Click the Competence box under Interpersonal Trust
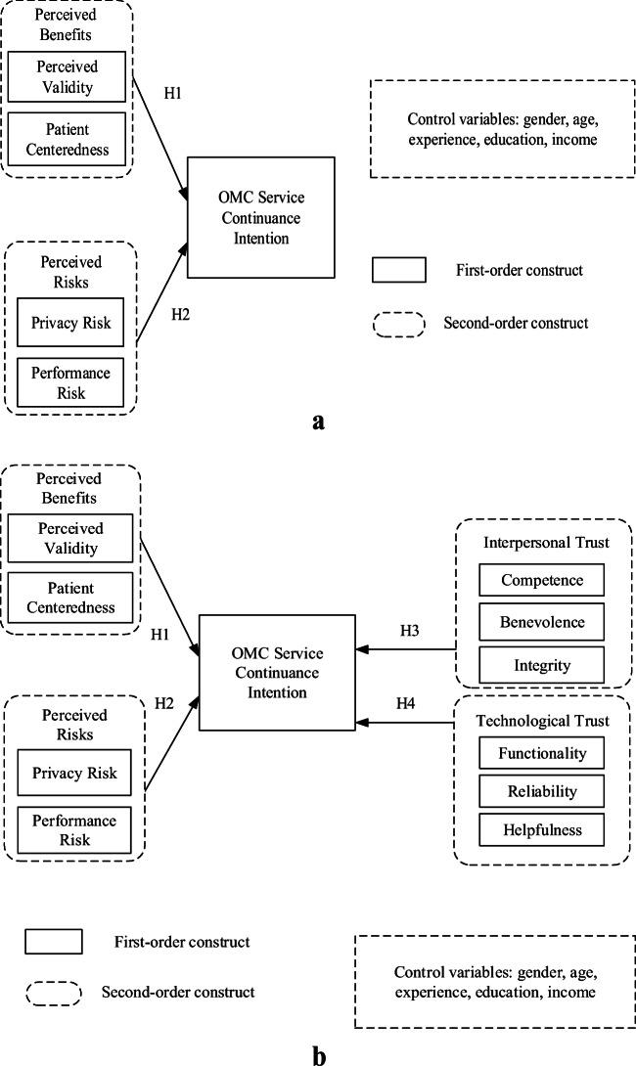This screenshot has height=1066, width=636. pos(541,580)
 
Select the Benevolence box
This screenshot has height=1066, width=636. pos(541,623)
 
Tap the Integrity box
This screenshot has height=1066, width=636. pos(541,665)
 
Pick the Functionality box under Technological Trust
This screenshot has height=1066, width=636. pos(541,753)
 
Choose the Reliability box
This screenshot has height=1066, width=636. pos(541,790)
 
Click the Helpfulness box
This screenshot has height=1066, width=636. pos(541,829)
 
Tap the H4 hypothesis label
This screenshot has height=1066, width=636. pos(407,703)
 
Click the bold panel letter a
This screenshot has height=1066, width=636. pos(316,422)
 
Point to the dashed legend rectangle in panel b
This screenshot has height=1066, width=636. pos(53,992)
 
